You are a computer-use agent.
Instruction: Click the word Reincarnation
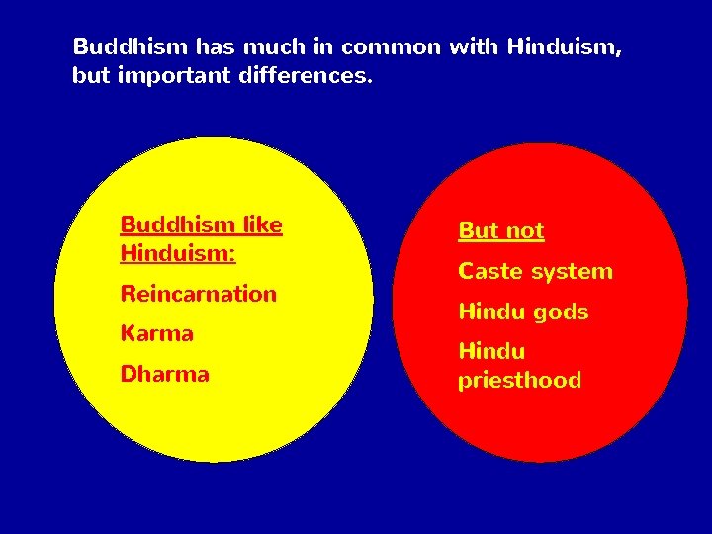[x=198, y=294]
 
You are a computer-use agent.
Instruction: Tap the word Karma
[x=156, y=333]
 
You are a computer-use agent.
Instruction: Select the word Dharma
[x=164, y=374]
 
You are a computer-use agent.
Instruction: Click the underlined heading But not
[x=500, y=231]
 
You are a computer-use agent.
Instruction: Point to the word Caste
[x=489, y=271]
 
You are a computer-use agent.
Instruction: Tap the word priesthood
[x=519, y=381]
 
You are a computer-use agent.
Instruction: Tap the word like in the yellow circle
[x=262, y=224]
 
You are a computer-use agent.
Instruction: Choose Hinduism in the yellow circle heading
[x=177, y=253]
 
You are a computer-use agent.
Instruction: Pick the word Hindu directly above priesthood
[x=491, y=351]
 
